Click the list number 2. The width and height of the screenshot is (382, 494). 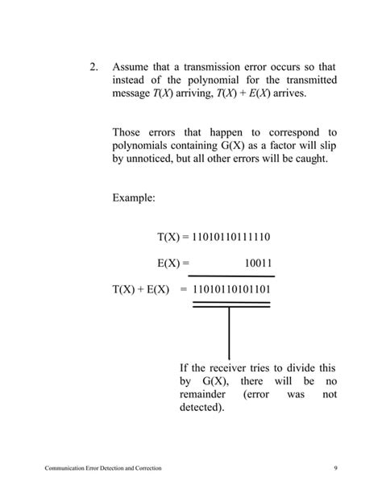(x=93, y=67)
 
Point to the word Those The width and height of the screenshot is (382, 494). (x=128, y=131)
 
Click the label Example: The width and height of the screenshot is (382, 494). (x=135, y=197)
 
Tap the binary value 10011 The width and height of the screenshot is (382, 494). (x=258, y=263)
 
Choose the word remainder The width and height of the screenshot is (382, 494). (x=207, y=396)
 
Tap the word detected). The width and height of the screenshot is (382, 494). (x=203, y=409)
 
